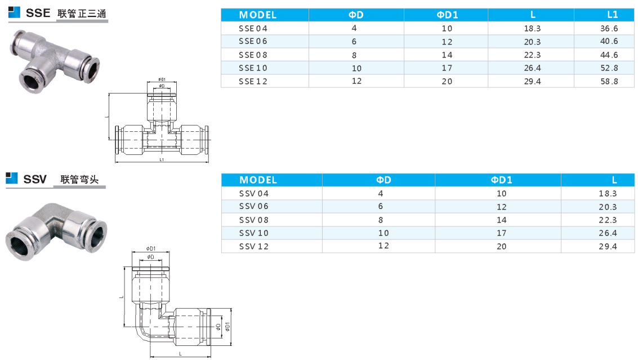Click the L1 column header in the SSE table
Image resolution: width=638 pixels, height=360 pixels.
612,15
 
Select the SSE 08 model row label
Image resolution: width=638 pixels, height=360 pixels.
253,55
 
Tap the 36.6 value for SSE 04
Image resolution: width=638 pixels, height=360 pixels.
609,29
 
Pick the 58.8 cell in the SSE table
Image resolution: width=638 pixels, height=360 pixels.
609,82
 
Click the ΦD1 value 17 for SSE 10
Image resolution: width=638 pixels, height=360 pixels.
447,68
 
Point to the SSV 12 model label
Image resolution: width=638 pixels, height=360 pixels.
253,246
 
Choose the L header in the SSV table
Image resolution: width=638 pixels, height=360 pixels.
614,180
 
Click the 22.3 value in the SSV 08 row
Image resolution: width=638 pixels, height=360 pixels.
608,220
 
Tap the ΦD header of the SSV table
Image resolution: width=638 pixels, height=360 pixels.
383,180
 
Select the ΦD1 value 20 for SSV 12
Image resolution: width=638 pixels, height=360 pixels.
501,246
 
